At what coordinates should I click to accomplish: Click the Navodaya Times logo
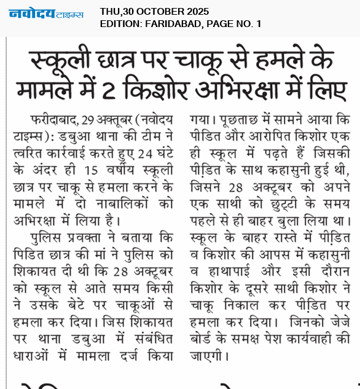(x=47, y=14)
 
